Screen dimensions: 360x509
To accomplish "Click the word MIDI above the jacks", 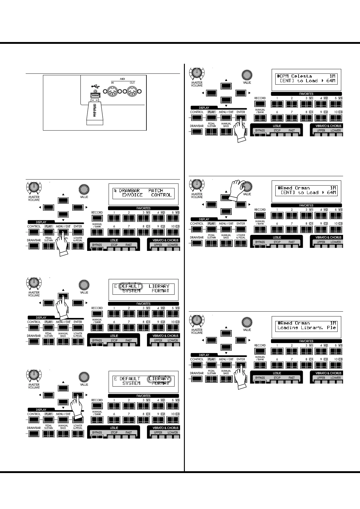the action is (x=122, y=79).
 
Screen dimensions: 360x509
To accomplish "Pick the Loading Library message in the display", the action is (x=306, y=328).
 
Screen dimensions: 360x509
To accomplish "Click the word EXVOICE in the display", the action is (x=132, y=195).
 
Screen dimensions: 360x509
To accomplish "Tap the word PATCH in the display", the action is (x=156, y=190).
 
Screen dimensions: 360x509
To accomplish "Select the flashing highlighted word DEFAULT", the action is (x=130, y=286).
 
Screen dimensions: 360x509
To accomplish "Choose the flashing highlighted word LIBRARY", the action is (x=159, y=378).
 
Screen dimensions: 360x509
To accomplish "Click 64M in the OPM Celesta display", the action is (x=331, y=81).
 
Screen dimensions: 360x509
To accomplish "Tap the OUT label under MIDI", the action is (x=133, y=83).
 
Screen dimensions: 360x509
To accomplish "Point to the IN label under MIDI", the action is (x=112, y=83).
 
